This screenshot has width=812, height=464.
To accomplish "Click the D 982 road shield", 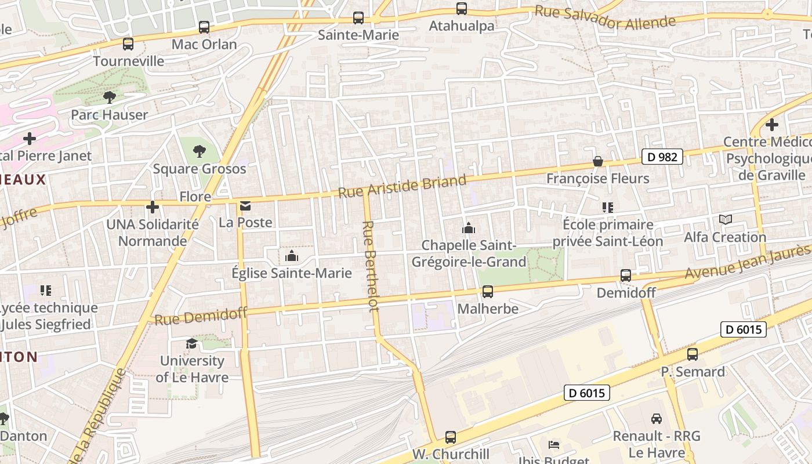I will (662, 157).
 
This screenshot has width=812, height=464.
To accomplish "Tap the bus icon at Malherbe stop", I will (488, 292).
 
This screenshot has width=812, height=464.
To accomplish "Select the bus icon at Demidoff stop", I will (626, 275).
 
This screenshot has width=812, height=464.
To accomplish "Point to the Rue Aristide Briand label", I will (402, 186).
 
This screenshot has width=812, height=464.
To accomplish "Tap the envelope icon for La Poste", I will (246, 206).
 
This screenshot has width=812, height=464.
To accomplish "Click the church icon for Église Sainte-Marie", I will (292, 256).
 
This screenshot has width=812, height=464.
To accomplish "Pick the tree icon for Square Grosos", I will (200, 151).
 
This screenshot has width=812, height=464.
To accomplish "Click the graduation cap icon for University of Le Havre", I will (191, 344).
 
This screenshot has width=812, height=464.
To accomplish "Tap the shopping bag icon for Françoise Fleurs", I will (598, 161).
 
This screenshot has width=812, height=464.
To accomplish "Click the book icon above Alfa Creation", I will (725, 220).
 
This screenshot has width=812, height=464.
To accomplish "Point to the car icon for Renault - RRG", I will (657, 419).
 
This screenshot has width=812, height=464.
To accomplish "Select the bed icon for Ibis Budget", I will (554, 445).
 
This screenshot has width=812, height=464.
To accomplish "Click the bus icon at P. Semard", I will (693, 354).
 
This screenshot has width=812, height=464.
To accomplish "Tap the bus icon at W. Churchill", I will (451, 437).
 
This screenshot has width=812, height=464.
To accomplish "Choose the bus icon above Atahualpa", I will (462, 9).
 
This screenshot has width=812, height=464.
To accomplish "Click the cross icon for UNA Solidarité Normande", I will (153, 207).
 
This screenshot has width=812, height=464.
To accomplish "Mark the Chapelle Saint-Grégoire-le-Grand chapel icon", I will (469, 228).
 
